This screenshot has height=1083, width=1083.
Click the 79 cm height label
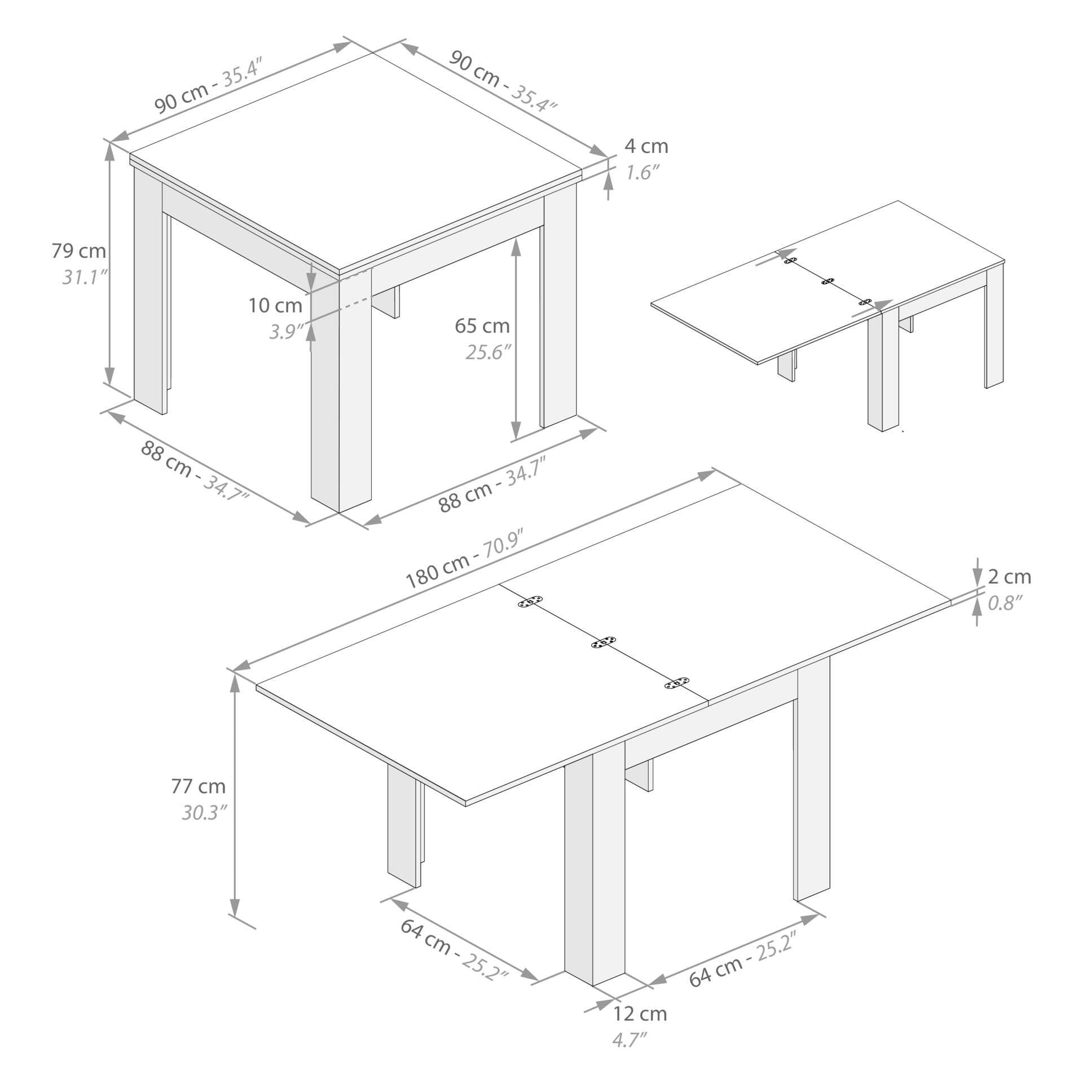point(79,250)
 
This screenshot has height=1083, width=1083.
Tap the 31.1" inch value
point(85,277)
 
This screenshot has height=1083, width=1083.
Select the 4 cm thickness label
point(646,146)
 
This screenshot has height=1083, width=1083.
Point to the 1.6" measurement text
point(643,172)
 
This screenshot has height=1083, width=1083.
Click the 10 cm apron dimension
point(276,306)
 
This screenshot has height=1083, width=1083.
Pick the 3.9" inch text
point(287,332)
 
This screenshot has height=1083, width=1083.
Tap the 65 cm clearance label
point(482,325)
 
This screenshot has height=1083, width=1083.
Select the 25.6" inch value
point(488,352)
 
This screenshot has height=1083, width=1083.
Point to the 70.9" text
point(504,543)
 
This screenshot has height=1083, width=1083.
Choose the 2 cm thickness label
point(1010,576)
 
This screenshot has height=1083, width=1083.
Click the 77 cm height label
point(199,786)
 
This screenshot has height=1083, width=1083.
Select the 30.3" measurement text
point(204,812)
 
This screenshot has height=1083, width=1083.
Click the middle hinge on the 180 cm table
point(604,642)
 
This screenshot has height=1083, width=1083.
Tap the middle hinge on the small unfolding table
point(828,281)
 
